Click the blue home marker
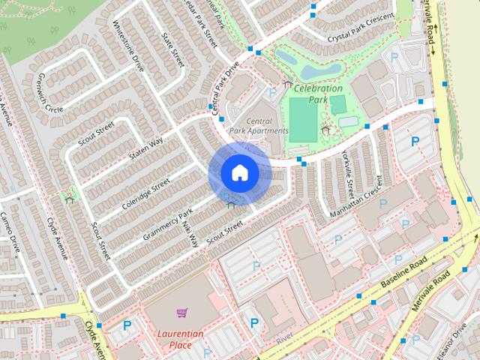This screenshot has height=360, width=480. pyautogui.click(x=239, y=173)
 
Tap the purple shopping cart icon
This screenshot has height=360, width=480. pyautogui.click(x=181, y=312)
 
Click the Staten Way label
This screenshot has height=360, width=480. pyautogui.click(x=145, y=147)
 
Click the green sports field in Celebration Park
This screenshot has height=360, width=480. pyautogui.click(x=303, y=118)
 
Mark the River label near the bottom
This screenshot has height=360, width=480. pyautogui.click(x=283, y=339)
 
